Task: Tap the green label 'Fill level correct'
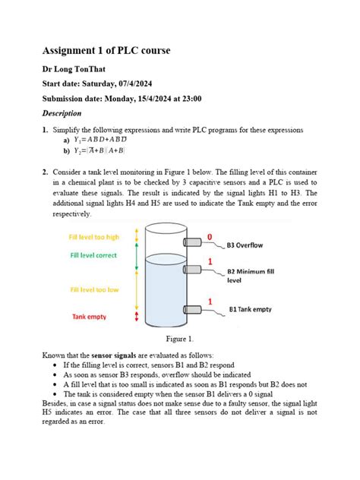[93, 256]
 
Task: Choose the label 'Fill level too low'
[94, 290]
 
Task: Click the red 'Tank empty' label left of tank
[90, 316]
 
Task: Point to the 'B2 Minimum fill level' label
[255, 275]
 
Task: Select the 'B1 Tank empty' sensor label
[251, 309]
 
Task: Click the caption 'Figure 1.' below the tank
[180, 338]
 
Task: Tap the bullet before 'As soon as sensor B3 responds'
[57, 374]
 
